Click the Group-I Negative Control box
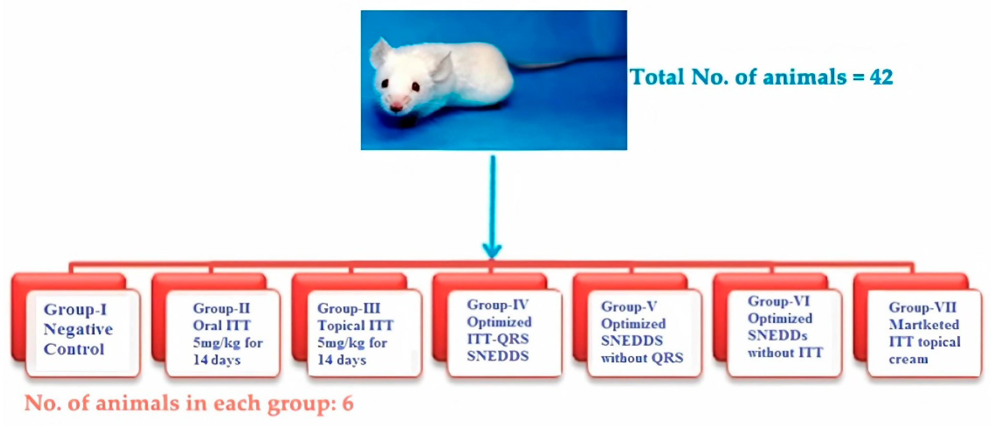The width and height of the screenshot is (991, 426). tap(82, 332)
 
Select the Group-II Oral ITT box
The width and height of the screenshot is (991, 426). tap(223, 334)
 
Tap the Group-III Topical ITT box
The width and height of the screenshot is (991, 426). tap(364, 334)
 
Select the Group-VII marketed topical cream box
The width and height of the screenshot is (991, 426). tap(924, 334)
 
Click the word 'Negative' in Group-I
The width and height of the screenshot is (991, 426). tap(78, 330)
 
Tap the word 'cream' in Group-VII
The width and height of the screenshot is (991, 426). tap(908, 359)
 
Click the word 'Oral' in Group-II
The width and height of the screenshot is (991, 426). tap(206, 326)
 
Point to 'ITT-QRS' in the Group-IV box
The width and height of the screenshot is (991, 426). tap(498, 339)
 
